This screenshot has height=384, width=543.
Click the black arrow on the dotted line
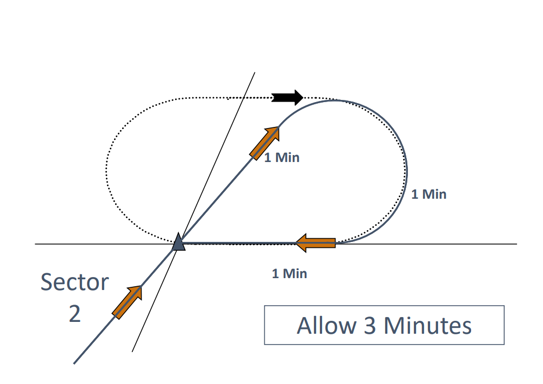tap(287, 98)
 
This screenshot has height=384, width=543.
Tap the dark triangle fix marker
tap(178, 243)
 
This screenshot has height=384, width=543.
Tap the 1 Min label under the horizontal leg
tap(290, 273)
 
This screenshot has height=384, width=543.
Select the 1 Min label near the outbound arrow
tap(281, 158)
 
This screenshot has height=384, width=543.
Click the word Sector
tap(75, 282)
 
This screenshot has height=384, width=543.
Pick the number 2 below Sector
tap(75, 313)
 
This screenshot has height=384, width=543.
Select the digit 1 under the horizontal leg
tap(276, 273)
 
